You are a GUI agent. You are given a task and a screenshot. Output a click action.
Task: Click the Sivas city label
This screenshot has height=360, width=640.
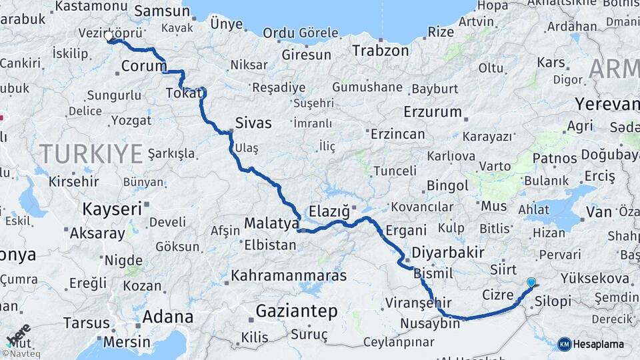click(253, 123)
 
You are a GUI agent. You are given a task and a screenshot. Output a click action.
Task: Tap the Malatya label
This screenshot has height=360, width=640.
click(271, 223)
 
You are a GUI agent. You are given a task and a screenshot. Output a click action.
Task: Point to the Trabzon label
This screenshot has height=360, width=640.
click(380, 51)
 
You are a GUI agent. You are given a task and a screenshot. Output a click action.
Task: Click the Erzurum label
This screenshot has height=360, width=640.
click(433, 112)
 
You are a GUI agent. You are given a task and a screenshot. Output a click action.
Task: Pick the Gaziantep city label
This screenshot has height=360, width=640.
click(297, 311)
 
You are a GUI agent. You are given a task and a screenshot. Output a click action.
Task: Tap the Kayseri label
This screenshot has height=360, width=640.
click(112, 209)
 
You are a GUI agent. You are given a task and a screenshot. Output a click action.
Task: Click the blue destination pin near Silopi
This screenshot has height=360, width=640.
click(531, 282)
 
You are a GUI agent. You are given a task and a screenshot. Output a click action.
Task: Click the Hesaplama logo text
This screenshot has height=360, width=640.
click(599, 344)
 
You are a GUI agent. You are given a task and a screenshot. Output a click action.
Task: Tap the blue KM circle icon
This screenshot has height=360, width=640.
click(565, 344)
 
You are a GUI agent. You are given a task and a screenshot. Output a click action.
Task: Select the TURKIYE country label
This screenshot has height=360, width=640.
click(91, 154)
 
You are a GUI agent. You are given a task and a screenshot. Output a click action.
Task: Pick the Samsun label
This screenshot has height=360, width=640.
click(162, 11)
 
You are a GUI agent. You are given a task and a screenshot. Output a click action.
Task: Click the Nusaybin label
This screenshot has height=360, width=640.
click(430, 324)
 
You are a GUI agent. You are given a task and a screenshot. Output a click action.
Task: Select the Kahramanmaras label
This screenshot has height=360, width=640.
click(289, 275)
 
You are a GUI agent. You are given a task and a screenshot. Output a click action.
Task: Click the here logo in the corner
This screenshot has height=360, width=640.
click(18, 335)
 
